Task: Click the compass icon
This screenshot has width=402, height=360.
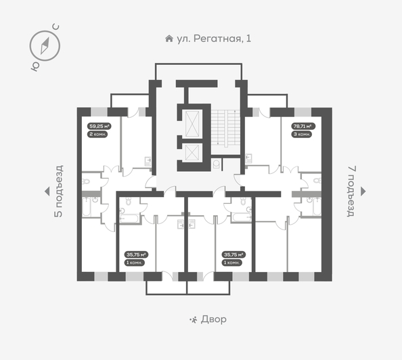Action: click(45, 45)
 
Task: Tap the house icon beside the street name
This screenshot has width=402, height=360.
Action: click(169, 39)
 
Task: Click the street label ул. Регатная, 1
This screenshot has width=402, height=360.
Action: click(213, 39)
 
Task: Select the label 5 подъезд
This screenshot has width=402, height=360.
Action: click(58, 192)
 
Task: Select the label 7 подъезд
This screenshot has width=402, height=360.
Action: click(350, 192)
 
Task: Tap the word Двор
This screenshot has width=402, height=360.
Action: click(214, 319)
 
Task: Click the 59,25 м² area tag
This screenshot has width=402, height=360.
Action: click(99, 126)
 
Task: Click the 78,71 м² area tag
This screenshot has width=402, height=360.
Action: click(302, 126)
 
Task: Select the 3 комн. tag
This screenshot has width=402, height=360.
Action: click(302, 135)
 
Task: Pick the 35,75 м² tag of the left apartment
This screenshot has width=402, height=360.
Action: click(135, 254)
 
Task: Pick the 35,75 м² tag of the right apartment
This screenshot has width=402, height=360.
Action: click(233, 254)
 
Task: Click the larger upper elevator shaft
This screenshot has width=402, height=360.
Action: click(192, 122)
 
